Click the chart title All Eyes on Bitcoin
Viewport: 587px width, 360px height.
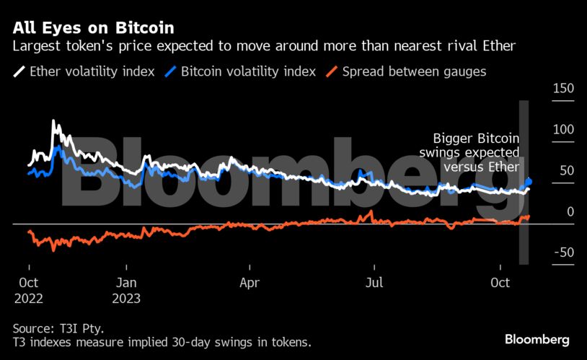tap(93, 29)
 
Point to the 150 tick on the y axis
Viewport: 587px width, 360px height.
tap(562, 88)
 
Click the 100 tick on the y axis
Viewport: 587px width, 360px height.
tap(562, 129)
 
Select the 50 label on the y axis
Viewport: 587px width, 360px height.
tap(566, 170)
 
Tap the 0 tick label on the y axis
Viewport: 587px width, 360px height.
tap(570, 211)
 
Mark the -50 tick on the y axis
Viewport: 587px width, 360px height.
tap(563, 253)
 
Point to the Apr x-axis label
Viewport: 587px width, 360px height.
tap(250, 282)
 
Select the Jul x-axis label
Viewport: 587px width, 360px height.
tap(374, 282)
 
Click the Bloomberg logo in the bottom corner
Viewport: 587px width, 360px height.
tap(537, 339)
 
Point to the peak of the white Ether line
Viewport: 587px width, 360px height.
tap(53, 122)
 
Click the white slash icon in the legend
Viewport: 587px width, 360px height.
tap(19, 71)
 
